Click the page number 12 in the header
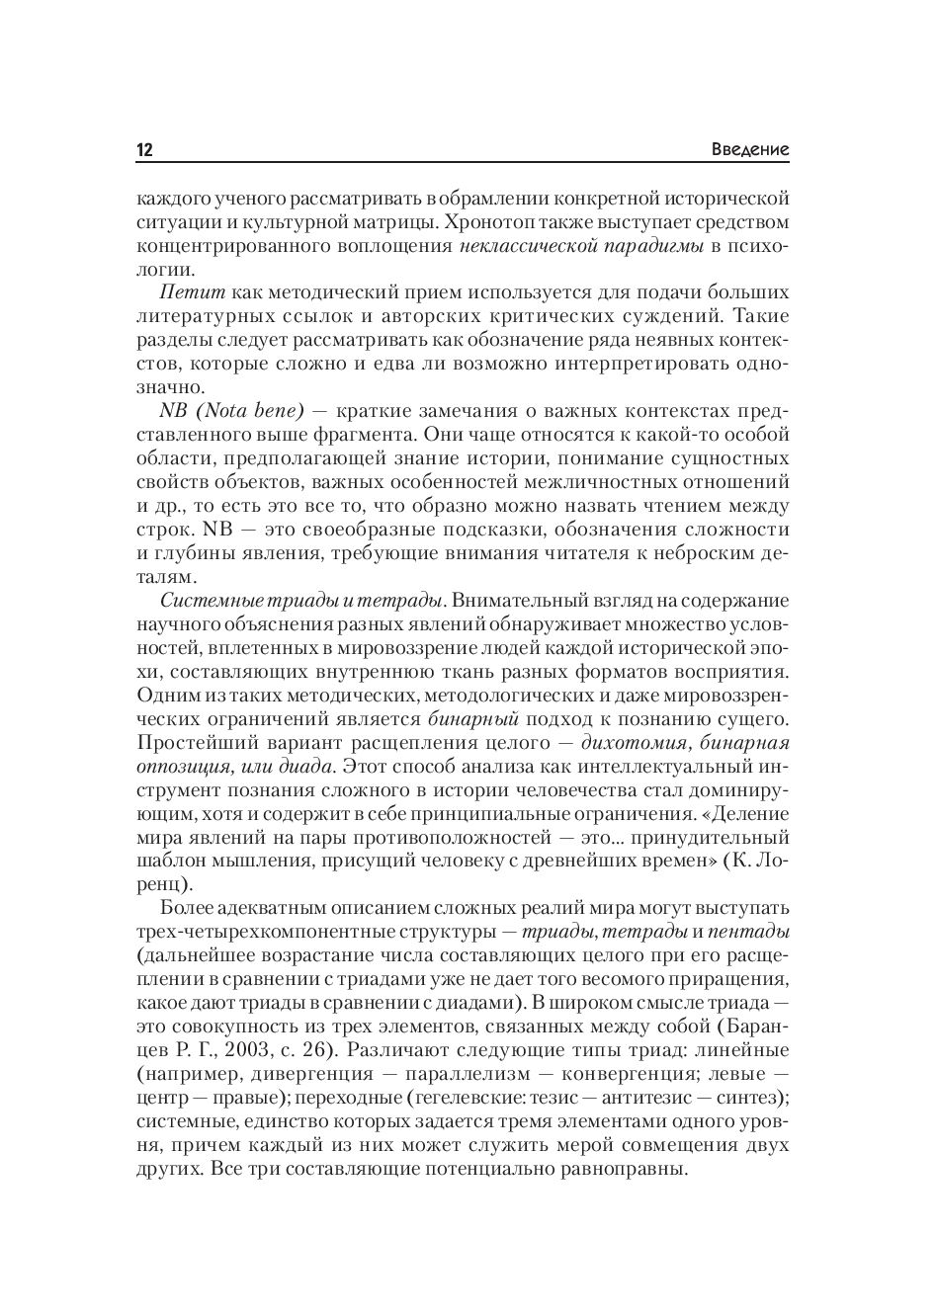pyautogui.click(x=144, y=150)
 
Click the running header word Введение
pyautogui.click(x=750, y=150)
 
